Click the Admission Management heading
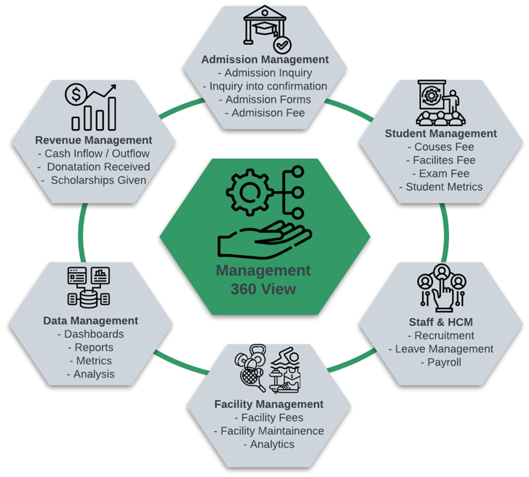(x=265, y=59)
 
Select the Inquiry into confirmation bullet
(x=265, y=86)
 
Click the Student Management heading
(x=441, y=133)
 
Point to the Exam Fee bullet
(x=441, y=173)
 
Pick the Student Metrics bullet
(x=441, y=187)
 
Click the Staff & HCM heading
(x=441, y=322)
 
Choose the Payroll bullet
(x=441, y=362)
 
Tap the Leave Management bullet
(x=441, y=349)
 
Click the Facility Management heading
(x=269, y=404)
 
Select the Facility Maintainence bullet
(x=269, y=431)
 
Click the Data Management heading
(x=91, y=321)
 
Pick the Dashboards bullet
(x=91, y=334)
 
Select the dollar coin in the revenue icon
(x=75, y=96)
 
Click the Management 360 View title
(x=263, y=279)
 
